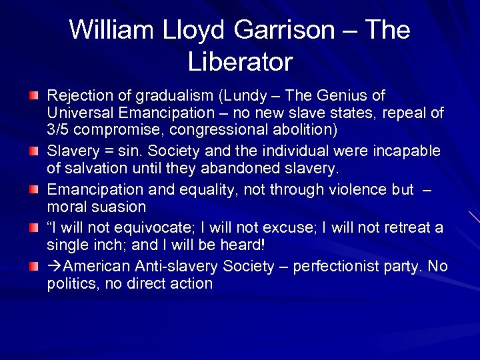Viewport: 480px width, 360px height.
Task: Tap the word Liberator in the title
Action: coord(240,62)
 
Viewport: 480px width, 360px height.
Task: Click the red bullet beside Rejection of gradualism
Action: coord(33,97)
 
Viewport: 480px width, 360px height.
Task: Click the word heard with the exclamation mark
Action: coord(247,245)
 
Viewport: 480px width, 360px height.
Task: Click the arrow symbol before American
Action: coord(55,267)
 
